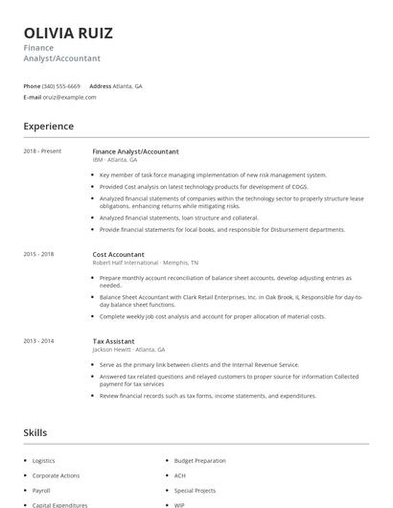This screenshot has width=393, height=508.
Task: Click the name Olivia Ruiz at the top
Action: [68, 34]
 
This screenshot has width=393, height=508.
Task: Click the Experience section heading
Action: [49, 127]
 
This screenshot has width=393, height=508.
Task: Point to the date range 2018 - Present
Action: [42, 151]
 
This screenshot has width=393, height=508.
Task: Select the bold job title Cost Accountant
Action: [119, 254]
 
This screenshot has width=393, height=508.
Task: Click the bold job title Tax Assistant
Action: [114, 340]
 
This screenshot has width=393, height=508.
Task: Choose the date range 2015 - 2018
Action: [38, 254]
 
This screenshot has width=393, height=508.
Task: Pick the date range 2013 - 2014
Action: [38, 340]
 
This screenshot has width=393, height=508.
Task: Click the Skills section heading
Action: [35, 433]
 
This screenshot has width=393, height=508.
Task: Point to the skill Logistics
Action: [44, 461]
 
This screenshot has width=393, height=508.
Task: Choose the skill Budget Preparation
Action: [199, 461]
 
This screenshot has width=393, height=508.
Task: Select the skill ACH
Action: [179, 475]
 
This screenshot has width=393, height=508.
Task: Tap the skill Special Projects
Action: [194, 490]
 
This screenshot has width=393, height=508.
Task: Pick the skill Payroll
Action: [42, 490]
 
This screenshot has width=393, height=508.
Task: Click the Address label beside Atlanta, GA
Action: [100, 86]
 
